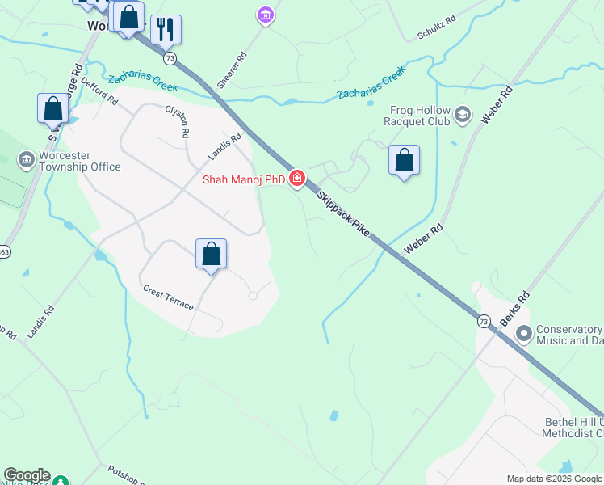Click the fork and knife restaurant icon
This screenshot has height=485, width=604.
166,29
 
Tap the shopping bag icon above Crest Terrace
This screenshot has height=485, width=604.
211,254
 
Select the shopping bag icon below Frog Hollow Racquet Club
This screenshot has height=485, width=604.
404,160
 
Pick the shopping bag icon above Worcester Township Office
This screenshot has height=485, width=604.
52,108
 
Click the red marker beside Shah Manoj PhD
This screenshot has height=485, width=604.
297,179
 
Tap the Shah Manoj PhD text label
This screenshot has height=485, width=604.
243,179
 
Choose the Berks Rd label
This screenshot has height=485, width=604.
514,308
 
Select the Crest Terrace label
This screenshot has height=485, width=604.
168,297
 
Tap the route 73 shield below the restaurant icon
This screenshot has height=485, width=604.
169,58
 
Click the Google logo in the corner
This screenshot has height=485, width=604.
27,475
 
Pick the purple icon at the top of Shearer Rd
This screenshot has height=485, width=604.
265,14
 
